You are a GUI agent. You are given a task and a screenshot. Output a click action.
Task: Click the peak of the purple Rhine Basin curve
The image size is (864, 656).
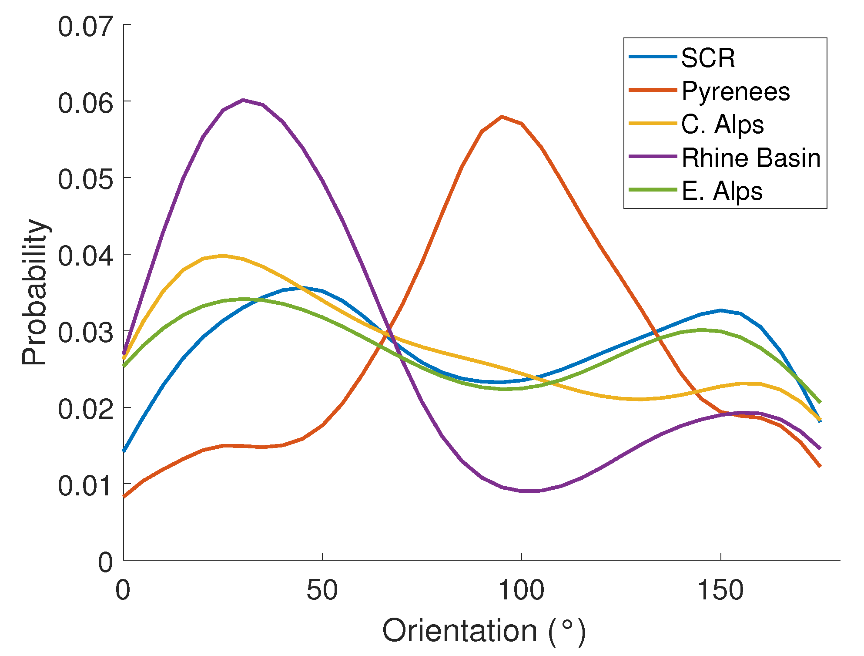coord(243,100)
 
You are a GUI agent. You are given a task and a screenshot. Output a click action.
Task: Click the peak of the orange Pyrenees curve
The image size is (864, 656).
coord(502,117)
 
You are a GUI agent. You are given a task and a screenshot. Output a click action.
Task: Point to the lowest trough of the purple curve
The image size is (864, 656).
coord(522,491)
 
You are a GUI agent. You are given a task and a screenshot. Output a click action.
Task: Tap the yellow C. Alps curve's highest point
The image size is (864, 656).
coord(223,256)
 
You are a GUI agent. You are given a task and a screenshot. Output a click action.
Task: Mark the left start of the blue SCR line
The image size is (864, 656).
coord(124,451)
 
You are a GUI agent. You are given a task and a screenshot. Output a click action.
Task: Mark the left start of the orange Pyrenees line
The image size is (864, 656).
coord(124,496)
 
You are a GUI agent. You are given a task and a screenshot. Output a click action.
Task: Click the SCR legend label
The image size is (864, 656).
coord(708,58)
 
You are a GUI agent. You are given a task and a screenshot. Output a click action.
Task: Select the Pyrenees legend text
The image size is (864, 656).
coord(735,91)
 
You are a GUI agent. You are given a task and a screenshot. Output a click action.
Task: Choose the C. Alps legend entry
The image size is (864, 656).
coord(722,124)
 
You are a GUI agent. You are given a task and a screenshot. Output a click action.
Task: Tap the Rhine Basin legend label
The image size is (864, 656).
coord(751,158)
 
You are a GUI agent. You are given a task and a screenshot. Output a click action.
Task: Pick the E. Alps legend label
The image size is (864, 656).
coord(722,191)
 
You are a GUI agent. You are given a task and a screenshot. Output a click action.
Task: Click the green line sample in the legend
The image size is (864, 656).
coord(653,190)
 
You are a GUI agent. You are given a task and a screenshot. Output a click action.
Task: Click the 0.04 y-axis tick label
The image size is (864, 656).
coord(86,256)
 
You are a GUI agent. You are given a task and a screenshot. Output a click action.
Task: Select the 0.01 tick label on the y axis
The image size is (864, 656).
coord(86,485)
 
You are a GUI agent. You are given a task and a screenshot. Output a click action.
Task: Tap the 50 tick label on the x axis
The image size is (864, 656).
coord(322,591)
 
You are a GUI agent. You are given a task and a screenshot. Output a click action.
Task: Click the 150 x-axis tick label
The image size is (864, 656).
coord(720,591)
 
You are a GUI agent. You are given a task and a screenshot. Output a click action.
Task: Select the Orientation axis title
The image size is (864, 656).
coord(484,631)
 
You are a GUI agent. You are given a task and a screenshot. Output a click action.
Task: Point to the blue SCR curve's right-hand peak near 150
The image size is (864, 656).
coord(721,310)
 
